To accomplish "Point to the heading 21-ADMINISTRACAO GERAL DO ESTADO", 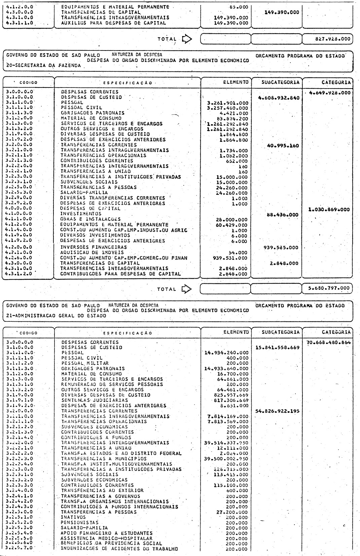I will (56, 316).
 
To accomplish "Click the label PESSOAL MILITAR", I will (84, 363).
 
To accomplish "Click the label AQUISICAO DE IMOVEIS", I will (92, 252).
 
